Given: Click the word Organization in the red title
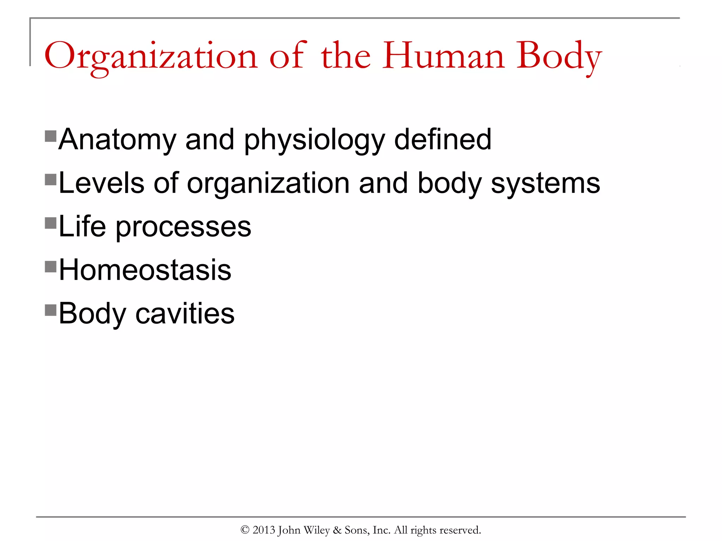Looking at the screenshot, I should [151, 56].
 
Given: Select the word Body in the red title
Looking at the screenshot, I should [559, 56].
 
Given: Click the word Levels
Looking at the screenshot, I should [102, 183].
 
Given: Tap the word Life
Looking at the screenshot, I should [82, 226].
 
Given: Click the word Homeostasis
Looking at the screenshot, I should [145, 270].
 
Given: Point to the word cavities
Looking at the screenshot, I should [185, 313].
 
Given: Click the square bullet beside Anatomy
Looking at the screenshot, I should [51, 136].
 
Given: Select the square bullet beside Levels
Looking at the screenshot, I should [51, 180].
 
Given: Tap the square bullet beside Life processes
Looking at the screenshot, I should [51, 223].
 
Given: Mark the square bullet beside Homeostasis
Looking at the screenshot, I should [51, 267].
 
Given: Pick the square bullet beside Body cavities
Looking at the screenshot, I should [51, 310].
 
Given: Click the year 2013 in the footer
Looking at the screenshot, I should [264, 530].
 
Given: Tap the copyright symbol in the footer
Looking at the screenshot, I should [245, 530].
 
